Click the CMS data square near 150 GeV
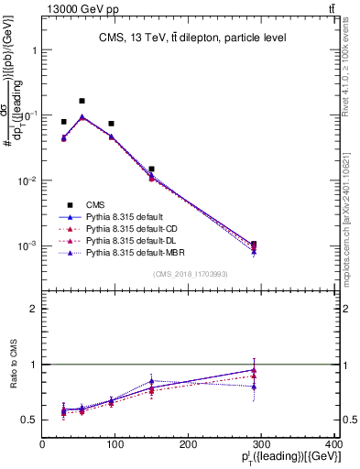tap(151, 169)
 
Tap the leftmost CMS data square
tap(63, 122)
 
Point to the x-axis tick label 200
tap(189, 446)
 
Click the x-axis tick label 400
tap(334, 446)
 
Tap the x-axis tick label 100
tap(115, 446)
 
